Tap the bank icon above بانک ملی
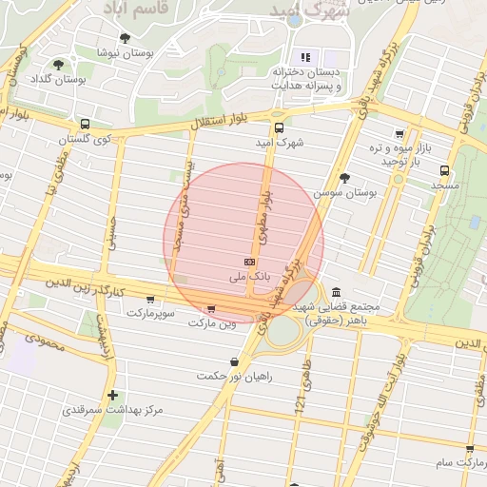[250, 262]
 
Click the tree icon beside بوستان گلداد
[59, 65]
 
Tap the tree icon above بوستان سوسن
[344, 178]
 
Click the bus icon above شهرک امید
[279, 127]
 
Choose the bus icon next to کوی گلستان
[86, 124]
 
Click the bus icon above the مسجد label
[445, 171]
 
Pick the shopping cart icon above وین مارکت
[210, 308]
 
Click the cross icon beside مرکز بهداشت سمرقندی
[113, 395]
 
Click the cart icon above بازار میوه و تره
[399, 134]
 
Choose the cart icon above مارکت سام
[470, 448]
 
